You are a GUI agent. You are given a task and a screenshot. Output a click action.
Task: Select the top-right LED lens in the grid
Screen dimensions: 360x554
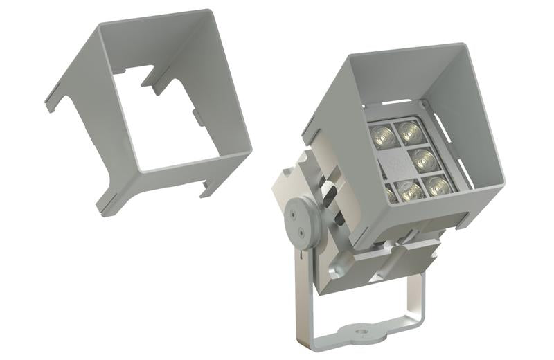pyautogui.click(x=409, y=130)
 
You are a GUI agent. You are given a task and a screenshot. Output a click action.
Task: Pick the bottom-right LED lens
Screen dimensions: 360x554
pyautogui.click(x=437, y=186)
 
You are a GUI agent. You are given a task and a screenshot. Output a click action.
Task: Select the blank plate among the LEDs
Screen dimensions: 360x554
pyautogui.click(x=395, y=163)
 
